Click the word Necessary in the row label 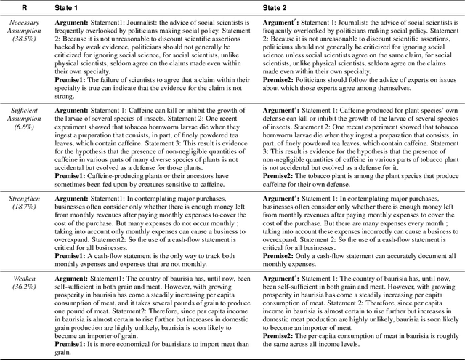pos(23,23)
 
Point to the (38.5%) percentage pos(23,41)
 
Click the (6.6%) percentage pos(23,125)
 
